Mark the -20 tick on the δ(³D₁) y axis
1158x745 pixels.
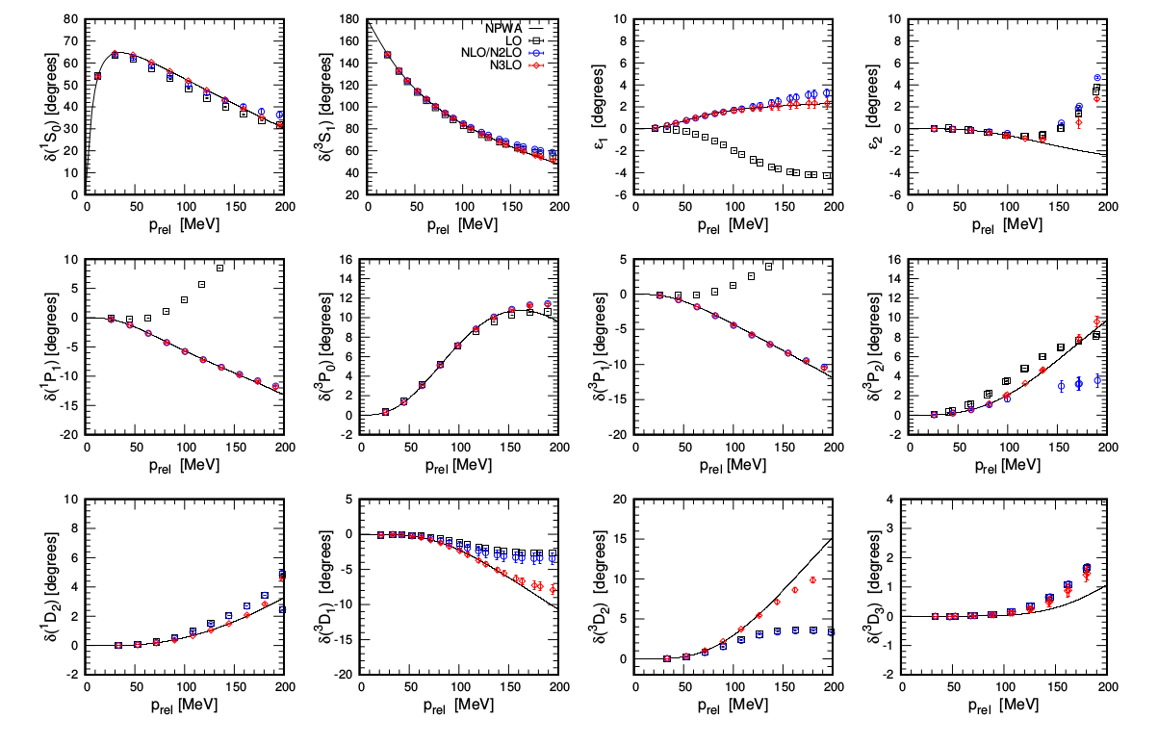tap(341, 675)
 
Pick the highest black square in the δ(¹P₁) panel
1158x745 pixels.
tap(219, 268)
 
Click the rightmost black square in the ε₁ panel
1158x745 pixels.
tap(827, 176)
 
